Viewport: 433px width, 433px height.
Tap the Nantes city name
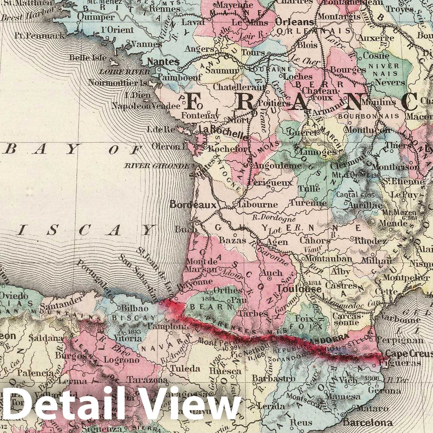[163, 62]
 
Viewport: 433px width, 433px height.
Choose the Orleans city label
[294, 22]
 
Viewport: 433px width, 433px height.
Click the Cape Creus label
[409, 353]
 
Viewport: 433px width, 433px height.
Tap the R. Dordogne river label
[274, 217]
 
